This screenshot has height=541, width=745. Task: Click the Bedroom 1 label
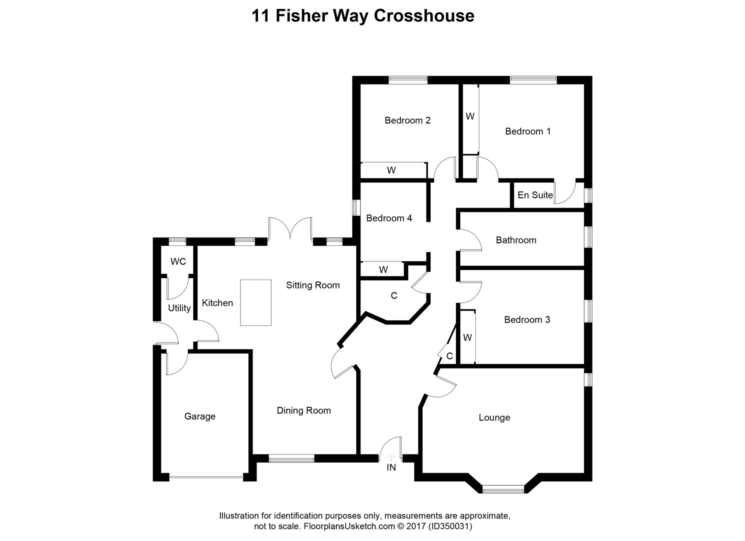point(527,131)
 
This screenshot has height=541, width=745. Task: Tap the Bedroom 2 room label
point(407,121)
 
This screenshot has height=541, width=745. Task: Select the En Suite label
point(535,195)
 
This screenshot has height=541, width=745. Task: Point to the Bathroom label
point(516,240)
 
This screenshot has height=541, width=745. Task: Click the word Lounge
point(494,418)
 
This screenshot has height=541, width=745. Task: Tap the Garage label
point(199,417)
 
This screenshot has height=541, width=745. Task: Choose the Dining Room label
point(303,411)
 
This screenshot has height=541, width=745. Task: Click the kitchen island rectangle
point(255,302)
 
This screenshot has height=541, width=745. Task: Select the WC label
point(178,262)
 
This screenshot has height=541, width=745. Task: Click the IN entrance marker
point(391,467)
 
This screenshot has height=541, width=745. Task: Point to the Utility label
point(179,308)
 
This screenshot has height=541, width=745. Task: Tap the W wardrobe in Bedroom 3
point(467,338)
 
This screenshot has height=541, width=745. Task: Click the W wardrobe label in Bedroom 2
point(391,170)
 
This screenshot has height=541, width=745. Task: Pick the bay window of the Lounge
point(503,489)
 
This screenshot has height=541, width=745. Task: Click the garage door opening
point(206,477)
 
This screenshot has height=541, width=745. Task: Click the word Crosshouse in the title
point(424,16)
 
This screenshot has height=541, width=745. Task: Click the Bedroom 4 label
point(389,218)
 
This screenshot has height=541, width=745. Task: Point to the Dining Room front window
point(291,458)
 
